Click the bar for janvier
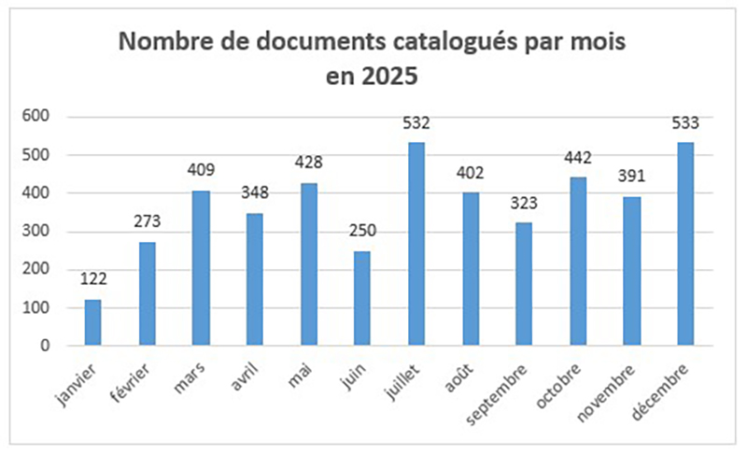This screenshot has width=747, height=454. tap(92, 322)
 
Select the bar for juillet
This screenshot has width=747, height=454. tap(416, 244)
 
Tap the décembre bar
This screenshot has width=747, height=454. tap(686, 244)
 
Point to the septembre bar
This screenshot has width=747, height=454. tap(524, 284)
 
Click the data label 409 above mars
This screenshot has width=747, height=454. tap(201, 170)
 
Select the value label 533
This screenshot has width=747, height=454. tap(686, 122)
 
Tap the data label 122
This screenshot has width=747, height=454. tap(92, 278)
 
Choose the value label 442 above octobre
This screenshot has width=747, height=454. tap(578, 157)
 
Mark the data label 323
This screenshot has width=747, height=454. tap(524, 203)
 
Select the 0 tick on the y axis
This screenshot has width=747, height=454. tap(43, 347)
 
